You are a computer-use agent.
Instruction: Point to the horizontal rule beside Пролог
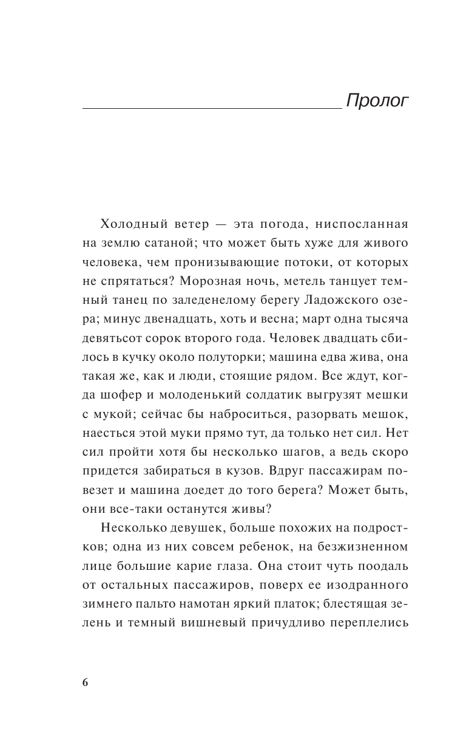click(x=212, y=108)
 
